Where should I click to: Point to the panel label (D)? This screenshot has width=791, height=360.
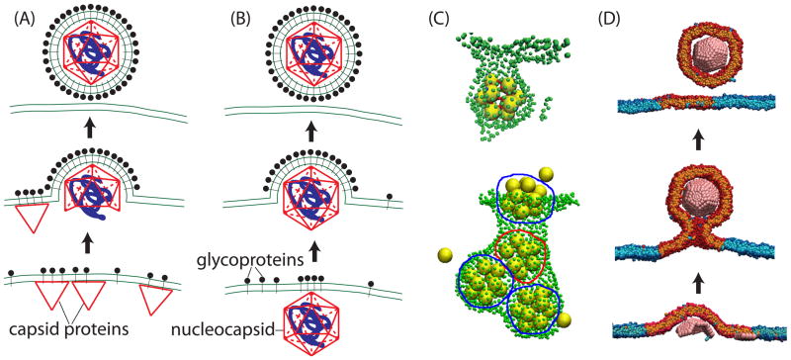click(x=616, y=18)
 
